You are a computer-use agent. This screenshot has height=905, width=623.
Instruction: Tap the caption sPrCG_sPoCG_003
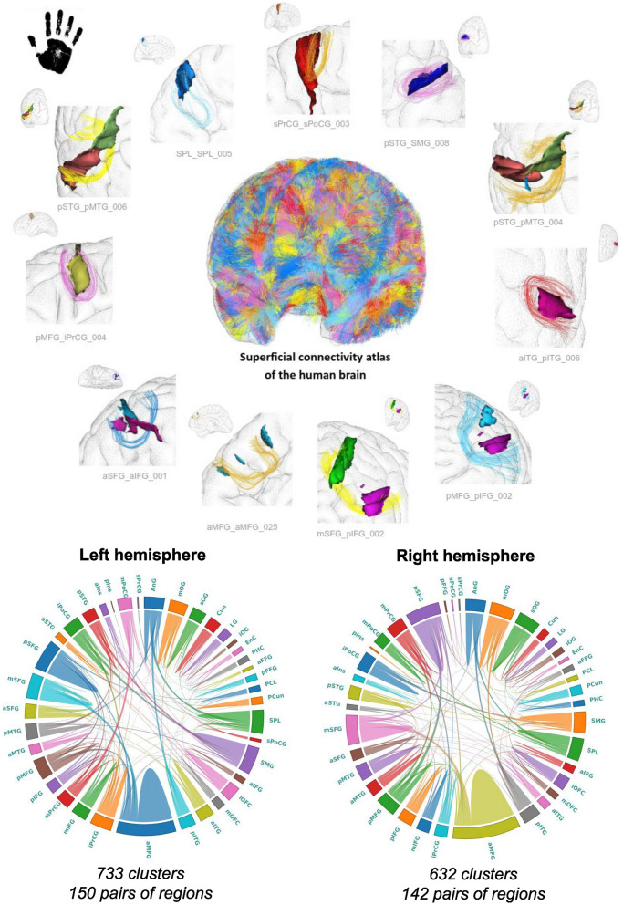tap(311, 123)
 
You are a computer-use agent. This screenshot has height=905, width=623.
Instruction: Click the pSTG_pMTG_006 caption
tap(90, 207)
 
